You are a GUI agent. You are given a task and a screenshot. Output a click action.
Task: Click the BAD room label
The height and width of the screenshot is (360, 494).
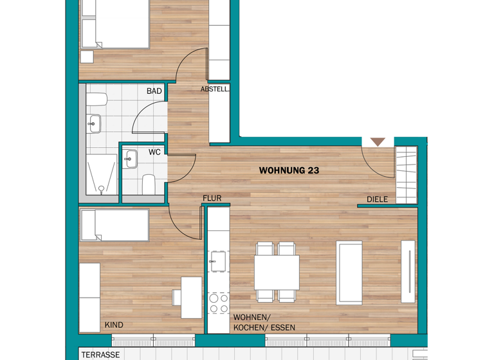[154, 91]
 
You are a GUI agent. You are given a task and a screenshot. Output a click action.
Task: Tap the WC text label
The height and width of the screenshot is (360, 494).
[154, 152]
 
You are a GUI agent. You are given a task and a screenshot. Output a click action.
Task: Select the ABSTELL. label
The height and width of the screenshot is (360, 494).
[215, 89]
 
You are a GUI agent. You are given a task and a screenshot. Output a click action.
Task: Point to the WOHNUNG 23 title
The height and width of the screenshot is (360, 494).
[289, 171]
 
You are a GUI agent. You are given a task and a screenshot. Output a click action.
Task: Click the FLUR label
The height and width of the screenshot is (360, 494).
[212, 199]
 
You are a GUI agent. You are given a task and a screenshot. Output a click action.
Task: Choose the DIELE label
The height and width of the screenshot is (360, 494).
[377, 199]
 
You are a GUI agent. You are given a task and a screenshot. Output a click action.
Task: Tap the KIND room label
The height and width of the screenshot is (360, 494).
[114, 325]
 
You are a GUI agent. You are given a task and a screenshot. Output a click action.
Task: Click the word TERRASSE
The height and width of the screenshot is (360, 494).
[100, 354]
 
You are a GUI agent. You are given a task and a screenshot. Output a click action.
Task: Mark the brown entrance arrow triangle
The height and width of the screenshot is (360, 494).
[378, 141]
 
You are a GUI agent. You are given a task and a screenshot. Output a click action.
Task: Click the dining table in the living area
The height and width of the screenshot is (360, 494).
[277, 273]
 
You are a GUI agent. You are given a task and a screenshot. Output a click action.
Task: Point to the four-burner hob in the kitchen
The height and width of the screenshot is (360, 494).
[219, 303]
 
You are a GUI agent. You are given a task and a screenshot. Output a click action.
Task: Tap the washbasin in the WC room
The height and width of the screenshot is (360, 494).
[131, 158]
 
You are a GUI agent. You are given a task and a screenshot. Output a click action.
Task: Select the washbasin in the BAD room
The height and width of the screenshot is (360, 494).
[94, 122]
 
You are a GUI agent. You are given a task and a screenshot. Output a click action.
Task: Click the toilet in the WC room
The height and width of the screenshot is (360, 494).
[149, 183]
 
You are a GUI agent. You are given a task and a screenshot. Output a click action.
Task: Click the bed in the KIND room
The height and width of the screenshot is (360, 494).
[114, 225]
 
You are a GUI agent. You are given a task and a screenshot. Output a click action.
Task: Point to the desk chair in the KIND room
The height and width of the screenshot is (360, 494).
[177, 297]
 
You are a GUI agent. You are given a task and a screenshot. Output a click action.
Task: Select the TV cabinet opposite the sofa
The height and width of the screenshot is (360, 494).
[408, 271]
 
